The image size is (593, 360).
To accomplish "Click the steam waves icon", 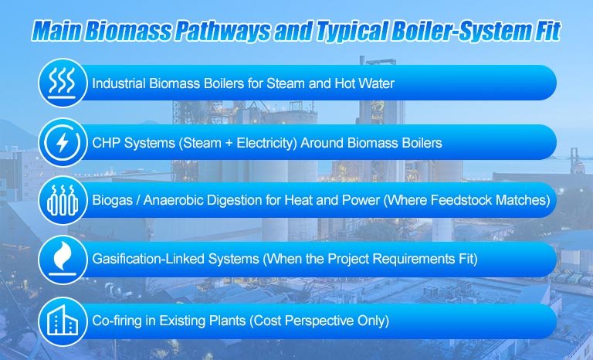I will (x=63, y=83).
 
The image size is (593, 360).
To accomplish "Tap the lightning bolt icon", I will (x=63, y=143).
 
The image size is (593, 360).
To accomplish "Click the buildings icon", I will (x=63, y=320).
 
